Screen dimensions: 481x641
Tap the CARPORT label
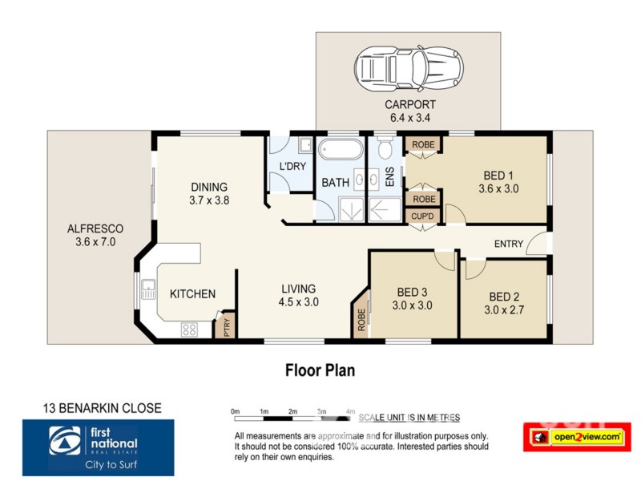409,104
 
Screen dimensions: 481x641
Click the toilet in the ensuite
384,149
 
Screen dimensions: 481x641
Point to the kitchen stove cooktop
190,328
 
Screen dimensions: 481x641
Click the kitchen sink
148,289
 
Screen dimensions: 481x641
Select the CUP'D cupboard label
422,216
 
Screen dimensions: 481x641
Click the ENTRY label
508,244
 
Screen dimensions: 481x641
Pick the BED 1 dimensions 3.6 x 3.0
494,189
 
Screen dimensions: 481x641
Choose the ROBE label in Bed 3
361,321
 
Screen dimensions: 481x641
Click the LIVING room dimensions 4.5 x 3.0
298,302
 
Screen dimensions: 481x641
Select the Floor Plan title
320,370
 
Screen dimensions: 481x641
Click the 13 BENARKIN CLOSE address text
102,408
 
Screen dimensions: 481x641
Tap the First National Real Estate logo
99,447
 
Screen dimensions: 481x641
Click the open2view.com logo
577,437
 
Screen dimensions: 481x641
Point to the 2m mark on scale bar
292,411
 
